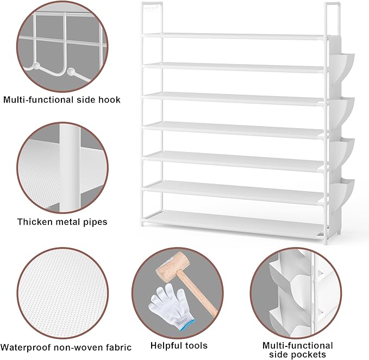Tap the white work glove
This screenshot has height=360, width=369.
pyautogui.click(x=166, y=304)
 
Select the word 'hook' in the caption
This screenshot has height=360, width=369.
pyautogui.click(x=110, y=100)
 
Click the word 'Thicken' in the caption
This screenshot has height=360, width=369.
pyautogui.click(x=35, y=222)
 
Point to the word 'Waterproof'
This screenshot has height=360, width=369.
pyautogui.click(x=26, y=347)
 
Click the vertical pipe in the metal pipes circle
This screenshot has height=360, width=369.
pyautogui.click(x=69, y=168)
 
